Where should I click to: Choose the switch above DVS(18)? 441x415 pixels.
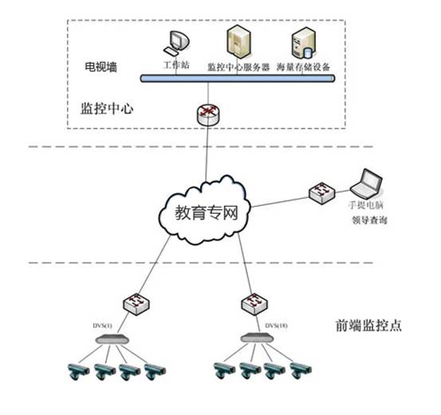pyautogui.click(x=251, y=304)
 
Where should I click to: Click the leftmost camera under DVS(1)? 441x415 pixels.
pyautogui.click(x=77, y=370)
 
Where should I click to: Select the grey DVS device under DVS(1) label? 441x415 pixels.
pyautogui.click(x=112, y=340)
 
